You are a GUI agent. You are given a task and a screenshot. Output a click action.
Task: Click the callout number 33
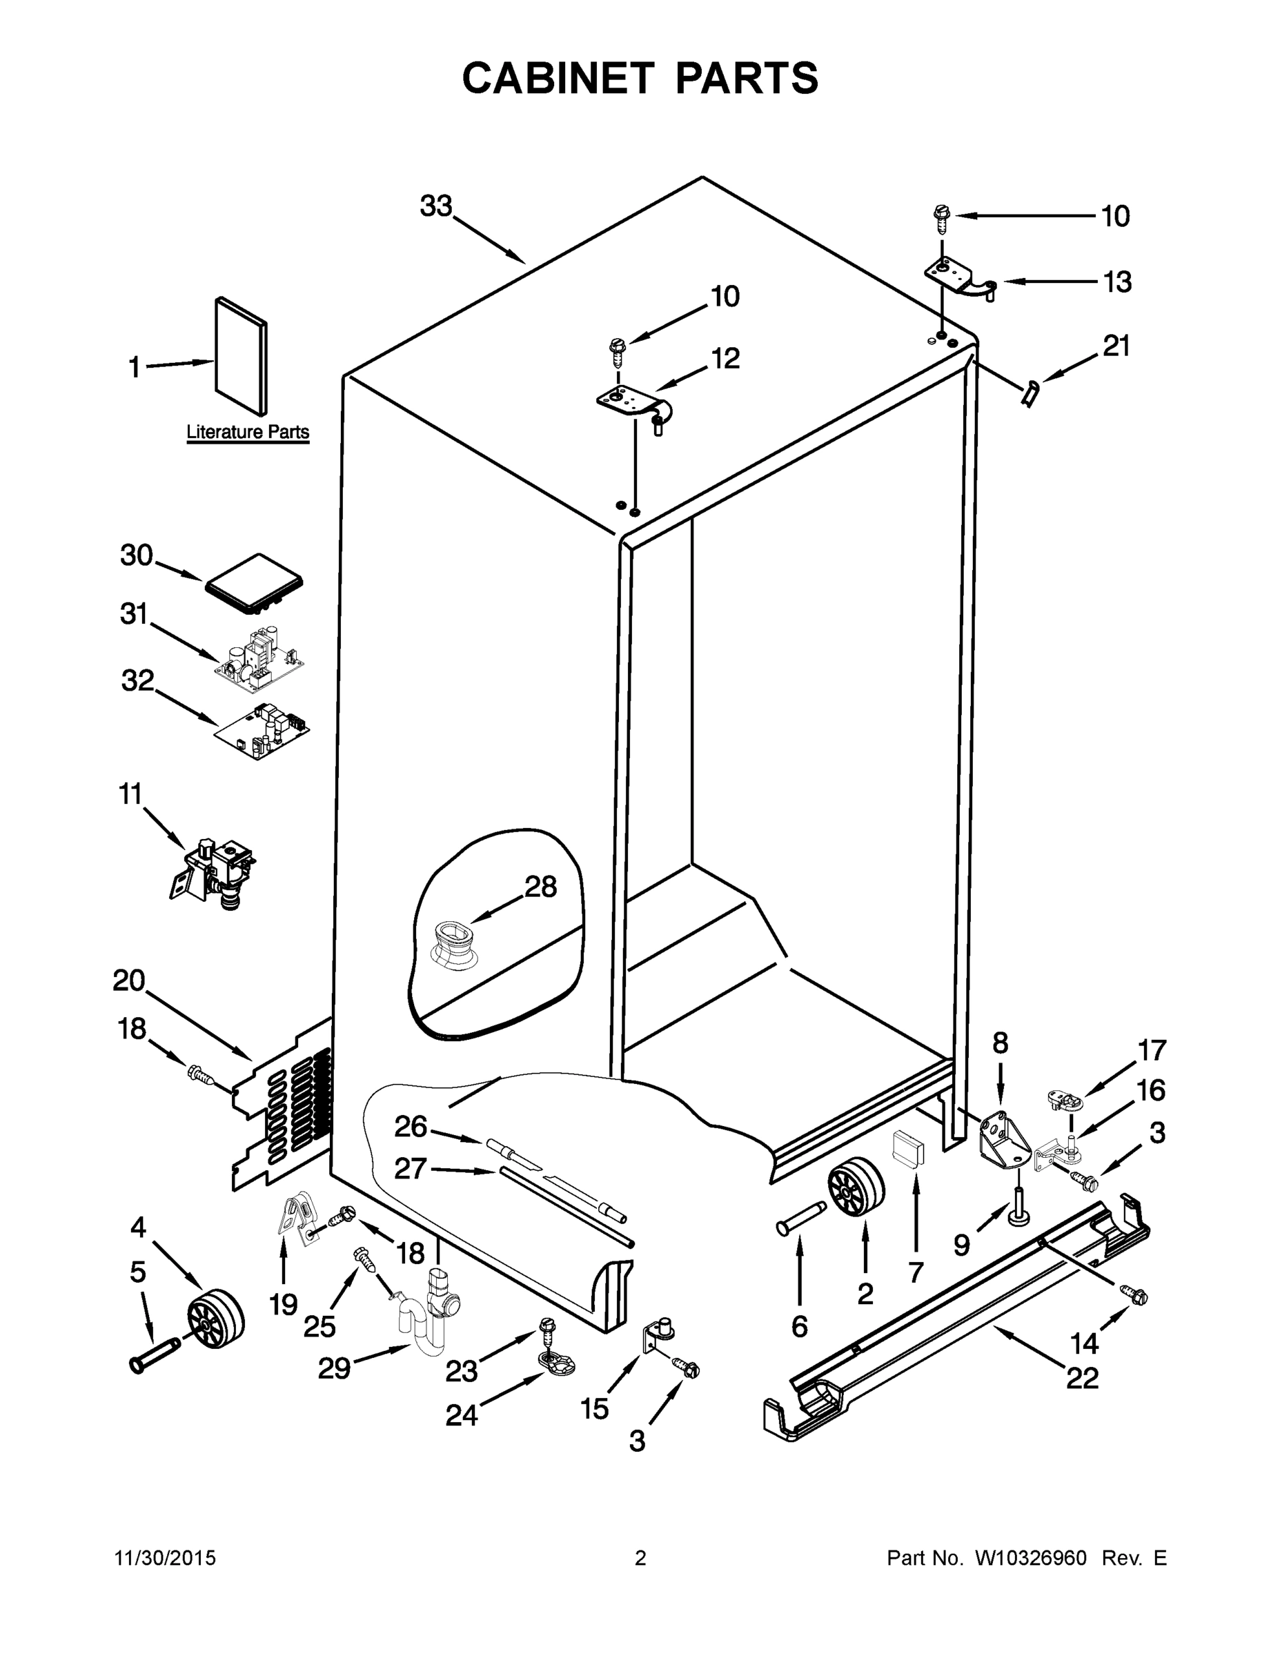(x=436, y=206)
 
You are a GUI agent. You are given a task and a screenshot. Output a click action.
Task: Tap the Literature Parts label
(x=248, y=432)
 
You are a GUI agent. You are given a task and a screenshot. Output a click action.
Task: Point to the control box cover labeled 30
(x=253, y=584)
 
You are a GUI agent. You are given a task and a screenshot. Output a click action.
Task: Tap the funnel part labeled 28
(x=452, y=944)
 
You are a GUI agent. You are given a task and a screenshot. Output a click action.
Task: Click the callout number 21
(x=1116, y=346)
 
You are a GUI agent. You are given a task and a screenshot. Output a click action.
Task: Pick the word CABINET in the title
(x=558, y=78)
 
